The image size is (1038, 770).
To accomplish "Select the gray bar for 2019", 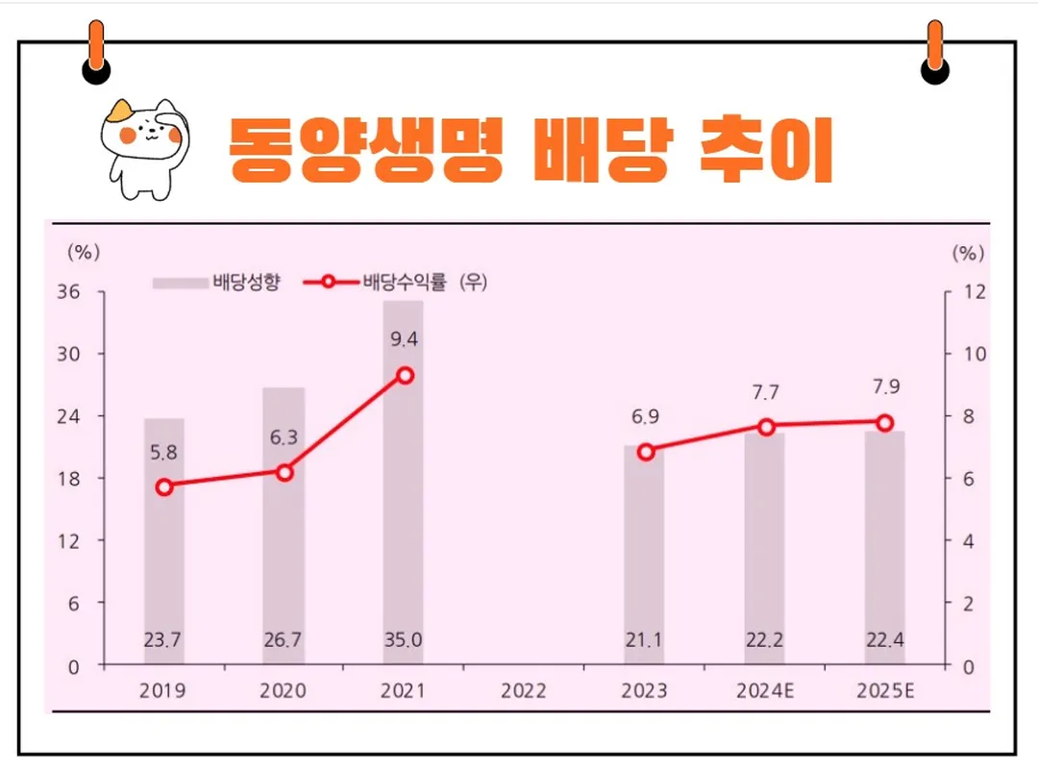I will click(x=164, y=558).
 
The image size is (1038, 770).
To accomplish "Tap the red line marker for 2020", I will click(x=284, y=472).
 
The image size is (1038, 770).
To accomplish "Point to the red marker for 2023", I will click(x=646, y=452).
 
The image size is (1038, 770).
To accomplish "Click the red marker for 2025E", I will click(x=884, y=423).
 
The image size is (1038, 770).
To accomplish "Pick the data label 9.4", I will click(x=403, y=338).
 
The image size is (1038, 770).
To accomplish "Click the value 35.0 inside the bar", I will click(x=403, y=638).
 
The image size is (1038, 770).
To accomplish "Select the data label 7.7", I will click(x=766, y=392).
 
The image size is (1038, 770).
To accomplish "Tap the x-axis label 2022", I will click(x=524, y=691).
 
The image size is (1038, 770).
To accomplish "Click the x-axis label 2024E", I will click(x=766, y=691).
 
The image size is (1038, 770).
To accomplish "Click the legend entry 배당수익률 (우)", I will click(x=395, y=283).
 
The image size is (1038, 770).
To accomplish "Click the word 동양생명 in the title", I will click(x=365, y=151).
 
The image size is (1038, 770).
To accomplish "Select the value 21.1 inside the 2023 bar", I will click(x=644, y=638).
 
